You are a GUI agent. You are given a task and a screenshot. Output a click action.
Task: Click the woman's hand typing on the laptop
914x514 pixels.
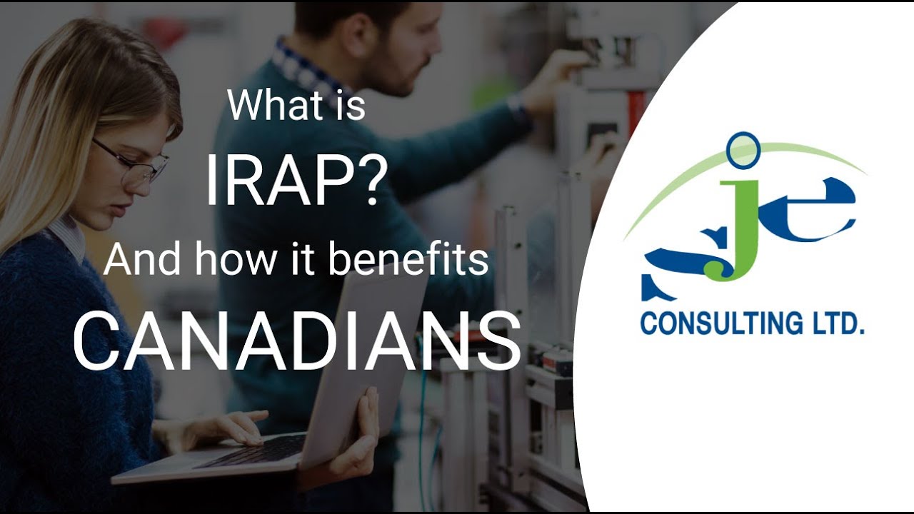pos(228,428)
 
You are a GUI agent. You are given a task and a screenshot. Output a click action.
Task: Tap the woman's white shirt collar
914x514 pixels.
pos(68,236)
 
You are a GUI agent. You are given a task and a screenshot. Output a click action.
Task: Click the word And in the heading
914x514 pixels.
pos(140,260)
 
